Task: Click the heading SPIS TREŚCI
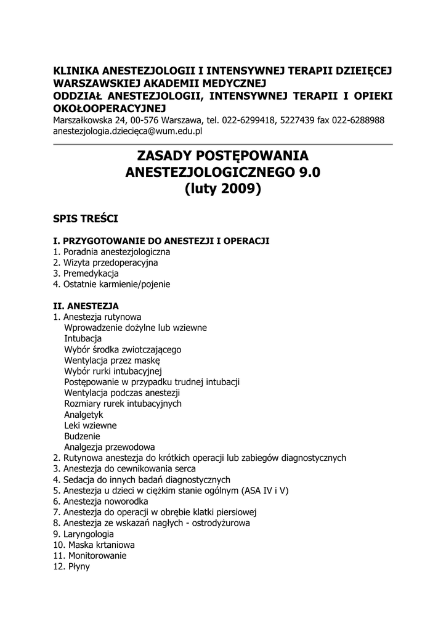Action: click(86, 219)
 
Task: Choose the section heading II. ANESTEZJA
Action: click(86, 306)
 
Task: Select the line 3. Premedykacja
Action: click(86, 273)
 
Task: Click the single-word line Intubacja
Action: click(83, 338)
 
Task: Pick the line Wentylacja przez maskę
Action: click(112, 360)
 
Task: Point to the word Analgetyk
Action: click(84, 415)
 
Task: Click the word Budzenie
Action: click(82, 436)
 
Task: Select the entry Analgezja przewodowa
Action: click(110, 447)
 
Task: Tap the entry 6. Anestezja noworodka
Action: click(101, 501)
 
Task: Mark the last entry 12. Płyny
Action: click(72, 566)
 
